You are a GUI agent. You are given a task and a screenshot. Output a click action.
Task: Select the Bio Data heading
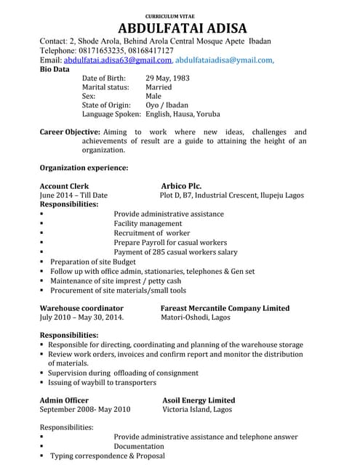tap(55, 70)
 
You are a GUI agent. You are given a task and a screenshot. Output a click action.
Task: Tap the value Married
tap(159, 87)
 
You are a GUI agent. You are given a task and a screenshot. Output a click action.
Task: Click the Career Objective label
tap(69, 132)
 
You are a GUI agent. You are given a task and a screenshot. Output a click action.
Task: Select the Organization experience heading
tap(84, 168)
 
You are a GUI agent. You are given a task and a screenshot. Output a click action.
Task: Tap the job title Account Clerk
tap(64, 186)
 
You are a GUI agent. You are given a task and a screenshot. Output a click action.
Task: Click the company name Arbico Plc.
tap(181, 186)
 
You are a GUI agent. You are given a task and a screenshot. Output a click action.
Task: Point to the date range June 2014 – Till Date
tap(73, 195)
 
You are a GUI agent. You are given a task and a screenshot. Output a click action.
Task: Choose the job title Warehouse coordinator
tap(81, 308)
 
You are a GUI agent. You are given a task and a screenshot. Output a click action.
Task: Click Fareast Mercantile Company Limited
tap(225, 308)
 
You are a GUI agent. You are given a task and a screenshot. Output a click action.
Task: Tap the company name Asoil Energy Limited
tap(199, 400)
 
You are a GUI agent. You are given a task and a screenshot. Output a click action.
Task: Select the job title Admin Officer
tap(64, 400)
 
